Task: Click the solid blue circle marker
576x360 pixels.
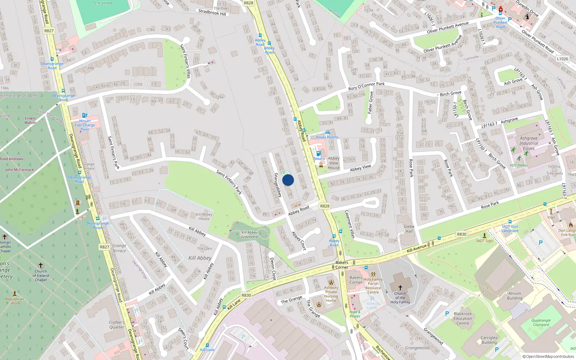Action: (x=288, y=180)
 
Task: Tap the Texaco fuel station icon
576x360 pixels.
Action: (x=318, y=153)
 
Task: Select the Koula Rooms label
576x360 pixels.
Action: (x=327, y=137)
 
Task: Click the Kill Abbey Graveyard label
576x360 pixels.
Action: (x=249, y=235)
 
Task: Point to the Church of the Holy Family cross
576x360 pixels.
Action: (x=400, y=288)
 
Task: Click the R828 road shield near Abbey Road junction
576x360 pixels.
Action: (x=324, y=206)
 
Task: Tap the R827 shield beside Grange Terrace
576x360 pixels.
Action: (x=104, y=247)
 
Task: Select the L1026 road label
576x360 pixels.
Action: (x=562, y=59)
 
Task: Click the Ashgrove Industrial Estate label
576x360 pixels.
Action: (x=528, y=143)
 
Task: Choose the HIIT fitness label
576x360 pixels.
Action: (x=518, y=166)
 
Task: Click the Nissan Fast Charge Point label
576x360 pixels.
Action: (x=85, y=125)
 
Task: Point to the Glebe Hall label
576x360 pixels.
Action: (x=409, y=229)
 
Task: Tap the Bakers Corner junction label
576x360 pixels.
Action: (x=342, y=265)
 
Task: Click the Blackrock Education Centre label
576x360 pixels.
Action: (x=463, y=319)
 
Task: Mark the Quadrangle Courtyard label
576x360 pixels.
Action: (x=541, y=323)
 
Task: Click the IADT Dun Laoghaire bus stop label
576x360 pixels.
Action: (x=510, y=229)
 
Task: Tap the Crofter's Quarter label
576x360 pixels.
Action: (x=117, y=325)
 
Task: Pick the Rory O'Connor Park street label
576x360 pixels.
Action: (x=366, y=86)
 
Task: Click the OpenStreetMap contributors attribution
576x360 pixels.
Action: (x=548, y=356)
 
